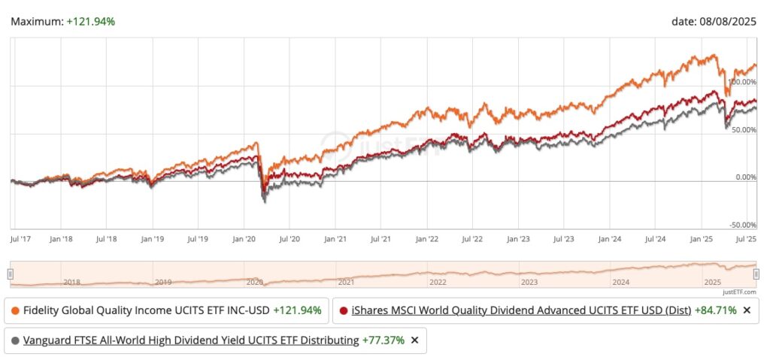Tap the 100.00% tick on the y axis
(743, 82)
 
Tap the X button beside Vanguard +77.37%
(414, 340)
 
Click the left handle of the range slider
(11, 274)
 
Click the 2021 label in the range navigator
(346, 283)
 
